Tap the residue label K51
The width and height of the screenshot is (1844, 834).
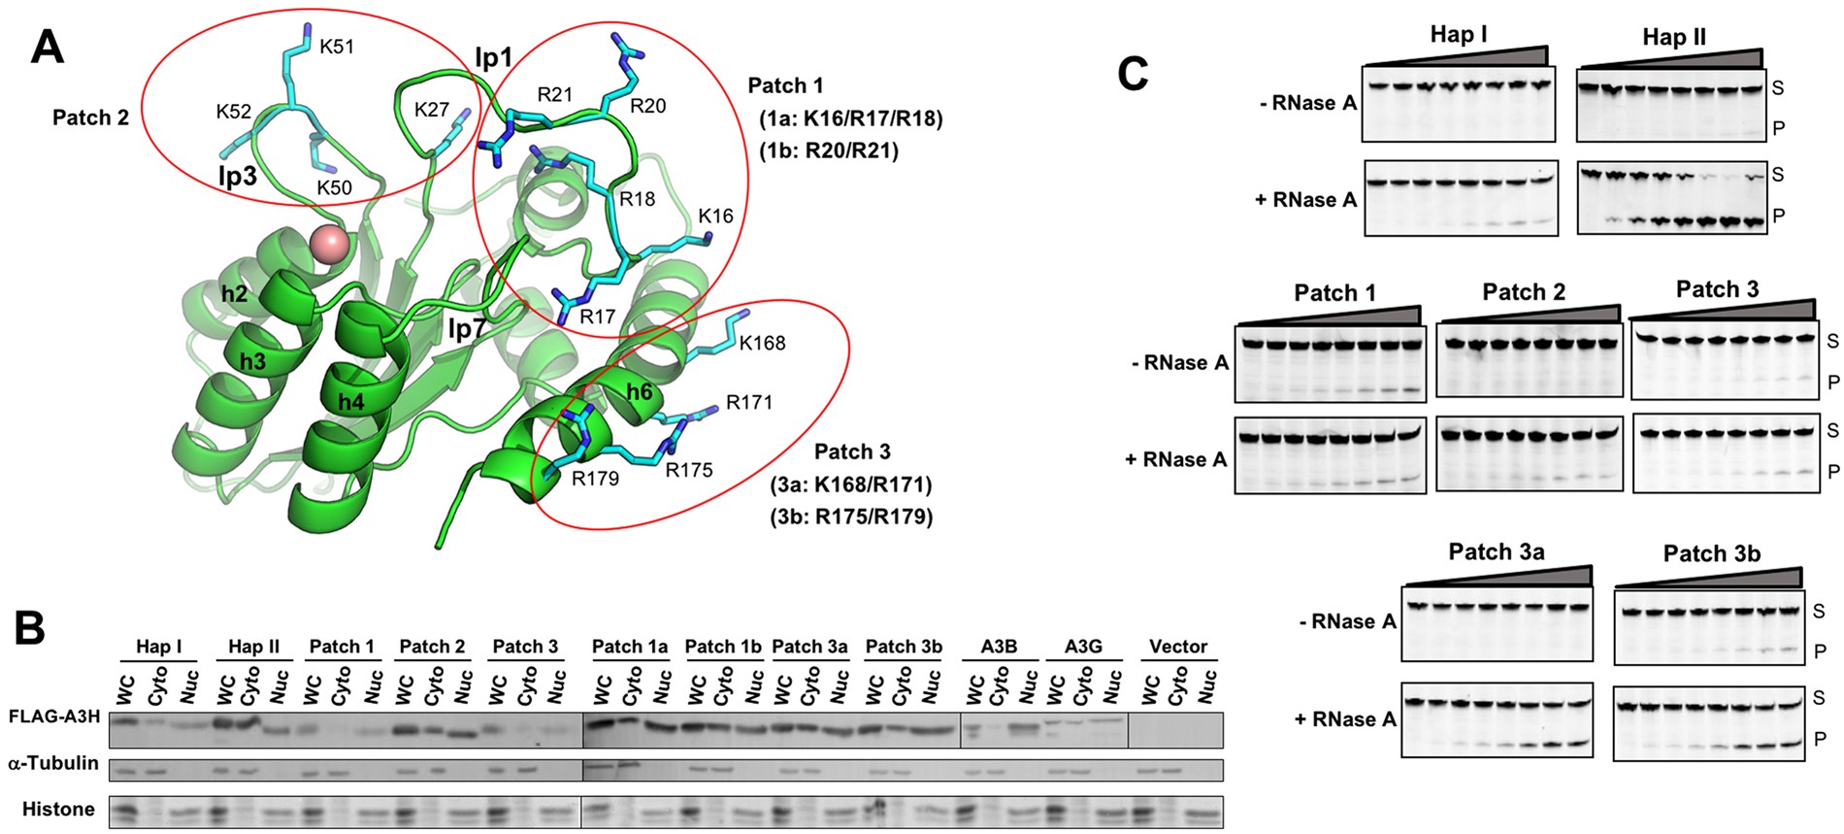click(x=337, y=47)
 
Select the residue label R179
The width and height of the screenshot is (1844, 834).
click(x=595, y=478)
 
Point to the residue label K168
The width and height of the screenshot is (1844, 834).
click(x=762, y=343)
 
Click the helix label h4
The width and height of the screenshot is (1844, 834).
click(x=350, y=401)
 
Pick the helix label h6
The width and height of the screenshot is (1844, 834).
click(x=639, y=391)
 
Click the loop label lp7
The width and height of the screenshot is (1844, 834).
click(x=466, y=329)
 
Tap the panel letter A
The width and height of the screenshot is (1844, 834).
click(x=47, y=47)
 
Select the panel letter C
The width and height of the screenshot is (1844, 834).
click(x=1133, y=74)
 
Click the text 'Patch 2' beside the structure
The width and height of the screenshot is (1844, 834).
click(x=90, y=117)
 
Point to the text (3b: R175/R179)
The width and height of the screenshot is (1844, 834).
click(x=851, y=517)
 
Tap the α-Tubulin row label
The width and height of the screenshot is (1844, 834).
click(x=53, y=763)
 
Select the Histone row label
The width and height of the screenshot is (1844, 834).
click(x=58, y=809)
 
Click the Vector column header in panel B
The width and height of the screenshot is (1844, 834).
click(x=1178, y=647)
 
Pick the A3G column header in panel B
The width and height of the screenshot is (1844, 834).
click(x=1083, y=647)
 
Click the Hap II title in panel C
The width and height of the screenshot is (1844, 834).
click(x=1673, y=37)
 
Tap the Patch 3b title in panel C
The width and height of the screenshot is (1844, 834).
click(x=1711, y=553)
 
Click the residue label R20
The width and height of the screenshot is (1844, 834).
click(x=647, y=106)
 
